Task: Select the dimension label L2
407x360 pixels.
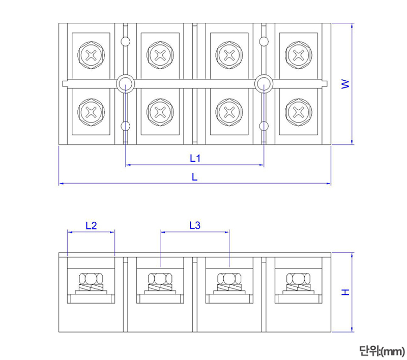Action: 91,225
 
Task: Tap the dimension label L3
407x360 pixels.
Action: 194,225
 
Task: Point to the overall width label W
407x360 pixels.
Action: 345,84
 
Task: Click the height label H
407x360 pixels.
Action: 345,292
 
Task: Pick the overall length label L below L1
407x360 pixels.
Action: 194,176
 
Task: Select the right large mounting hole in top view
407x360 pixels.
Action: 264,84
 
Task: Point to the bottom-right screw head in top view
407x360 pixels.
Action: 299,112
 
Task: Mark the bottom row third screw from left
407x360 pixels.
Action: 229,112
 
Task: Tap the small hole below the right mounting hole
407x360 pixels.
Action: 264,126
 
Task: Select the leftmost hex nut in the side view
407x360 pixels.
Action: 91,279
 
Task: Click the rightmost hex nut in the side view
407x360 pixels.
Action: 299,279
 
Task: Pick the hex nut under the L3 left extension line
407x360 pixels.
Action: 161,279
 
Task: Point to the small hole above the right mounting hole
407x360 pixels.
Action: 264,42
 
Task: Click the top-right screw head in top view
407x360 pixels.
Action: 299,55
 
